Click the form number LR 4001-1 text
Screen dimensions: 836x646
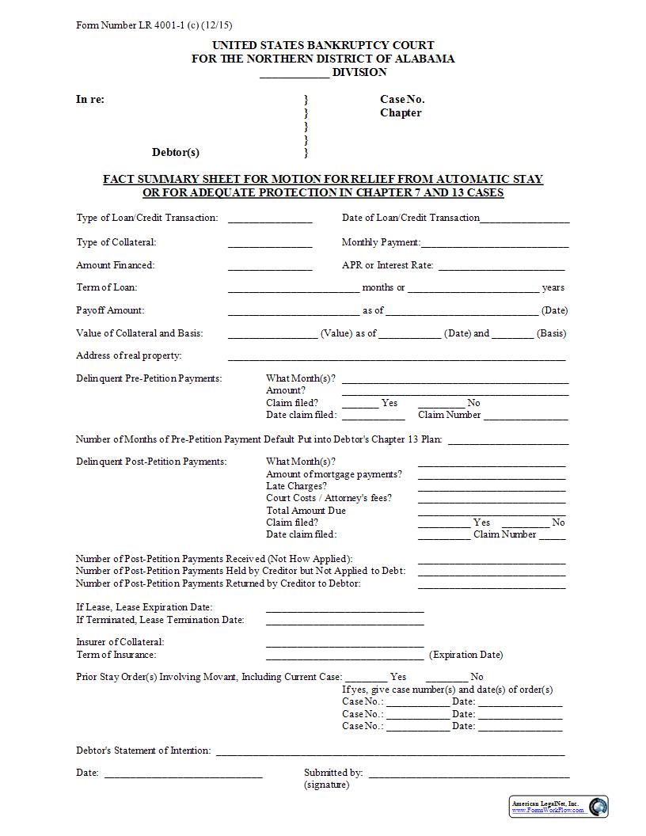[154, 25]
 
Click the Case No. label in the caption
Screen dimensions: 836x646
[402, 100]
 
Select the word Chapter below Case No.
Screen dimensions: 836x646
[401, 113]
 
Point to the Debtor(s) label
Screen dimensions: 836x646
[176, 152]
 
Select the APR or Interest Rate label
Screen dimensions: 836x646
[387, 265]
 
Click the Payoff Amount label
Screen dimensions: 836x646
[110, 310]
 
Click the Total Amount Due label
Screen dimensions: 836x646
[306, 511]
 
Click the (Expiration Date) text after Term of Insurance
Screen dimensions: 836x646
[465, 655]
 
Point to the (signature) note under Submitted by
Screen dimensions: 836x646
[326, 785]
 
